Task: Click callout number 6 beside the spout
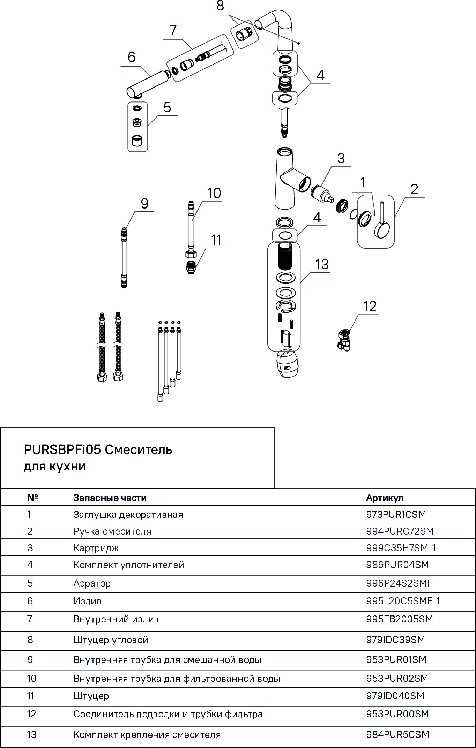click(131, 57)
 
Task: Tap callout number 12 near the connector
click(370, 307)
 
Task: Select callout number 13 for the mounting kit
click(322, 264)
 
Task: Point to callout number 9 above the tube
click(144, 203)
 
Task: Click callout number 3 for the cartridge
click(341, 158)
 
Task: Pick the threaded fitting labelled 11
click(191, 267)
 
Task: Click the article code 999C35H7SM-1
click(401, 548)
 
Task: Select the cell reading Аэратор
click(92, 583)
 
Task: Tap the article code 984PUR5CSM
click(397, 735)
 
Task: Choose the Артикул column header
click(385, 498)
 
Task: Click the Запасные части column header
click(110, 498)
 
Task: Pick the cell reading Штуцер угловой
click(111, 640)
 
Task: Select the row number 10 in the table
click(32, 678)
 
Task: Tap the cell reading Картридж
click(96, 548)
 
